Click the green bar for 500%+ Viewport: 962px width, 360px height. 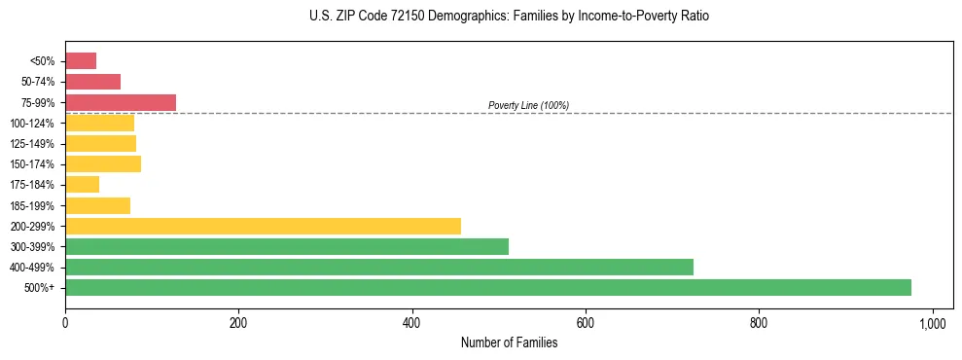[487, 288]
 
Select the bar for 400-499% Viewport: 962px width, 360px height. [378, 267]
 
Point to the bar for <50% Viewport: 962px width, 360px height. [81, 60]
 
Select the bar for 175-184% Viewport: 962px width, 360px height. [82, 185]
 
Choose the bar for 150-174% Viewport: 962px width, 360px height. [102, 163]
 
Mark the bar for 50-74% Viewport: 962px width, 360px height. [92, 82]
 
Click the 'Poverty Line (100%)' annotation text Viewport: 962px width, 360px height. [528, 105]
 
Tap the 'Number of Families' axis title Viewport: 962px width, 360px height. [509, 342]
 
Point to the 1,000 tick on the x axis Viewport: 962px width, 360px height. [933, 322]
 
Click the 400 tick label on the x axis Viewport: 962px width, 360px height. [411, 322]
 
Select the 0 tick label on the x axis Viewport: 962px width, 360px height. [65, 322]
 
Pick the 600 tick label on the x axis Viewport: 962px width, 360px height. [586, 322]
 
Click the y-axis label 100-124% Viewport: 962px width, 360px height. [32, 124]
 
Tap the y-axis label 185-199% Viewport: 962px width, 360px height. [32, 205]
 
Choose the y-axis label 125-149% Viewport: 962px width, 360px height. [32, 144]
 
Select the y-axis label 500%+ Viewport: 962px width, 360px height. [40, 288]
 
